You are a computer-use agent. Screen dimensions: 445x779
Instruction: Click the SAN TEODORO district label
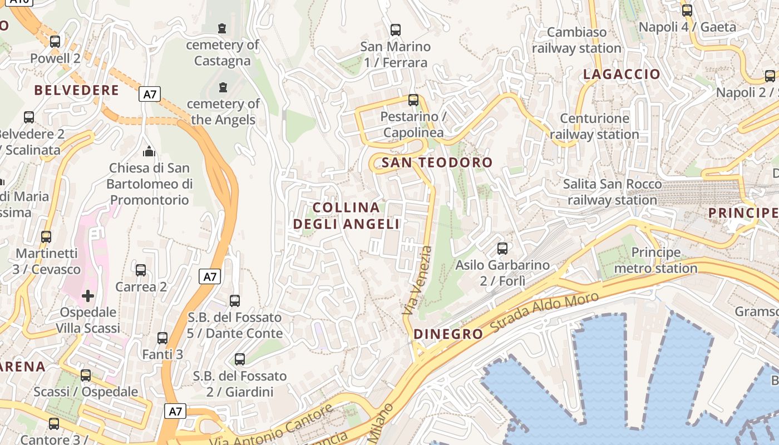click(437, 162)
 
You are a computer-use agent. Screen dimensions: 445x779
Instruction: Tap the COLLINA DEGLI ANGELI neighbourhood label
click(346, 216)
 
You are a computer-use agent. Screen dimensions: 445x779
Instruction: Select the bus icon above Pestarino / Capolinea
click(413, 100)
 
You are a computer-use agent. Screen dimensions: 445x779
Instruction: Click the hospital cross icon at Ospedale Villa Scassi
click(87, 295)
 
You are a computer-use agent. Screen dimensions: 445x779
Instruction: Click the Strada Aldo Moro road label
click(545, 314)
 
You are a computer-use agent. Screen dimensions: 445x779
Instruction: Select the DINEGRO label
click(448, 334)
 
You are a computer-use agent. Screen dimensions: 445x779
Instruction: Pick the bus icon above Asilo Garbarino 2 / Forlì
click(502, 248)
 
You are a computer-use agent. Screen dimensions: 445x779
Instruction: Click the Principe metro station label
click(655, 260)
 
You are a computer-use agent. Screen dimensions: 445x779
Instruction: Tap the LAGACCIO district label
click(622, 74)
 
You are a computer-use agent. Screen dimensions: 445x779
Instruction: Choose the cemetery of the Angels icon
click(223, 87)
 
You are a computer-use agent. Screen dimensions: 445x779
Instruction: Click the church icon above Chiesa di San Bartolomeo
click(149, 151)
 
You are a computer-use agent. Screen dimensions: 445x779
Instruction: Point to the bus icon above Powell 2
click(55, 41)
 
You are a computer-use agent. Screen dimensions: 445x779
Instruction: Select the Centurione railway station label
click(594, 126)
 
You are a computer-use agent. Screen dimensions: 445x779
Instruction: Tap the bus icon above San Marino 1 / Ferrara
click(395, 30)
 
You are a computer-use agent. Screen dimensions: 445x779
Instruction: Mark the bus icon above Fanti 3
click(162, 338)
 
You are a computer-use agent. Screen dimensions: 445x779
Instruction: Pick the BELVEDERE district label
click(77, 90)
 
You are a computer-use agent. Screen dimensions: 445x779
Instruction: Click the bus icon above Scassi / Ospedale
click(85, 375)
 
